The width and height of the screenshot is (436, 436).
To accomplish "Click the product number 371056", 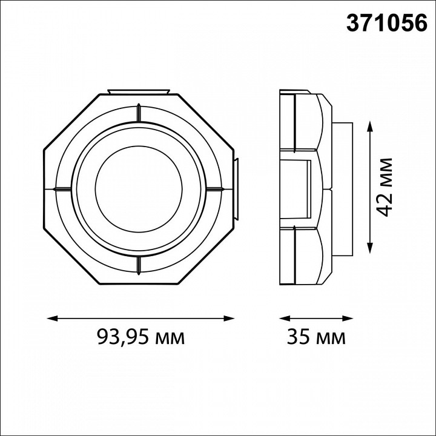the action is pyautogui.click(x=386, y=23).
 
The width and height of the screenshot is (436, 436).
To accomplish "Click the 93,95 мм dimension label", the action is pyautogui.click(x=141, y=337).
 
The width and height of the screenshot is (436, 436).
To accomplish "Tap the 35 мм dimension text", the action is pyautogui.click(x=316, y=337).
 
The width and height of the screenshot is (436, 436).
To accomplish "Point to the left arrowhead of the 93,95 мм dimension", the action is pyautogui.click(x=53, y=319).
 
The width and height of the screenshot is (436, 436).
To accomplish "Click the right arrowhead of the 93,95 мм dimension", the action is pyautogui.click(x=229, y=319).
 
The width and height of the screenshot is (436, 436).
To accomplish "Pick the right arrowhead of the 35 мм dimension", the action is pyautogui.click(x=348, y=319).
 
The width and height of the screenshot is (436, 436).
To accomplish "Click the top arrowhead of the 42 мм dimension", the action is pyautogui.click(x=369, y=127).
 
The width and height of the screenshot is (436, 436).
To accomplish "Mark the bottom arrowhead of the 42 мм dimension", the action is pyautogui.click(x=369, y=248).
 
